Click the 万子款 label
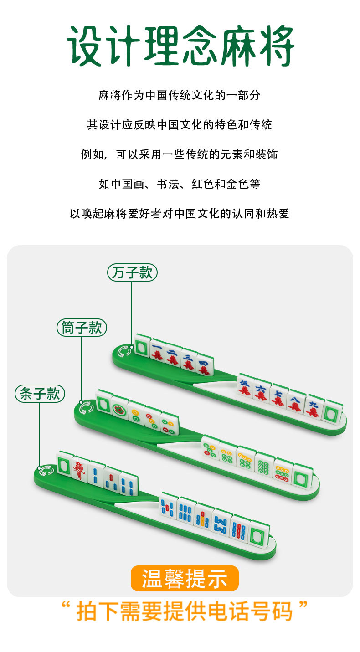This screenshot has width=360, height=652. (x=132, y=273)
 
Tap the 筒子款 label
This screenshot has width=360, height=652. (x=82, y=328)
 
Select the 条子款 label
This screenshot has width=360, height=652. (x=40, y=393)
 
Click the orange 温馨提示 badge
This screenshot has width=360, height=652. (x=185, y=578)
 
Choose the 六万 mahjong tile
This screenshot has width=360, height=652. (x=261, y=391)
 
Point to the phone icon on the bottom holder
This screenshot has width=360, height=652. (x=45, y=471)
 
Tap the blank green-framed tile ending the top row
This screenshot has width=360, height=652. (x=333, y=414)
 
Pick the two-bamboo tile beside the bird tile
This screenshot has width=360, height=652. (x=97, y=474)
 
